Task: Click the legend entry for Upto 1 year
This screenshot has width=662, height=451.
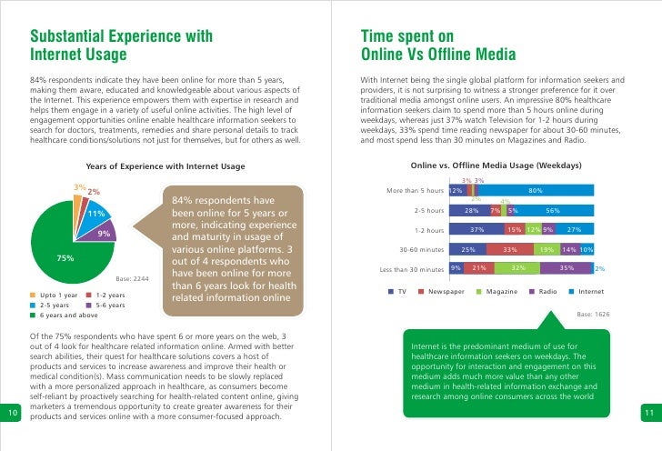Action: click(x=55, y=295)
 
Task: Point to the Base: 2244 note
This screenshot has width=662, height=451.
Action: click(x=133, y=279)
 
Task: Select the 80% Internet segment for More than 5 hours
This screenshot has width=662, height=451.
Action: click(x=536, y=191)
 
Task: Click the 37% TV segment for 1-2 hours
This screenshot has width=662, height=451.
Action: click(x=476, y=229)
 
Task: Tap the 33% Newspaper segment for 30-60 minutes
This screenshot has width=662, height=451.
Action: click(x=510, y=249)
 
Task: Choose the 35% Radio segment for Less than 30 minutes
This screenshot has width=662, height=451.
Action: click(x=567, y=268)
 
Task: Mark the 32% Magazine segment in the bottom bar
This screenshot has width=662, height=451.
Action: click(x=517, y=268)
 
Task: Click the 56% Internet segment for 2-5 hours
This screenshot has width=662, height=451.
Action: click(x=564, y=210)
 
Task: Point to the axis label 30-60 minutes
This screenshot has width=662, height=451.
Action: click(x=418, y=249)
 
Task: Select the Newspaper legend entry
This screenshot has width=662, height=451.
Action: click(x=443, y=292)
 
